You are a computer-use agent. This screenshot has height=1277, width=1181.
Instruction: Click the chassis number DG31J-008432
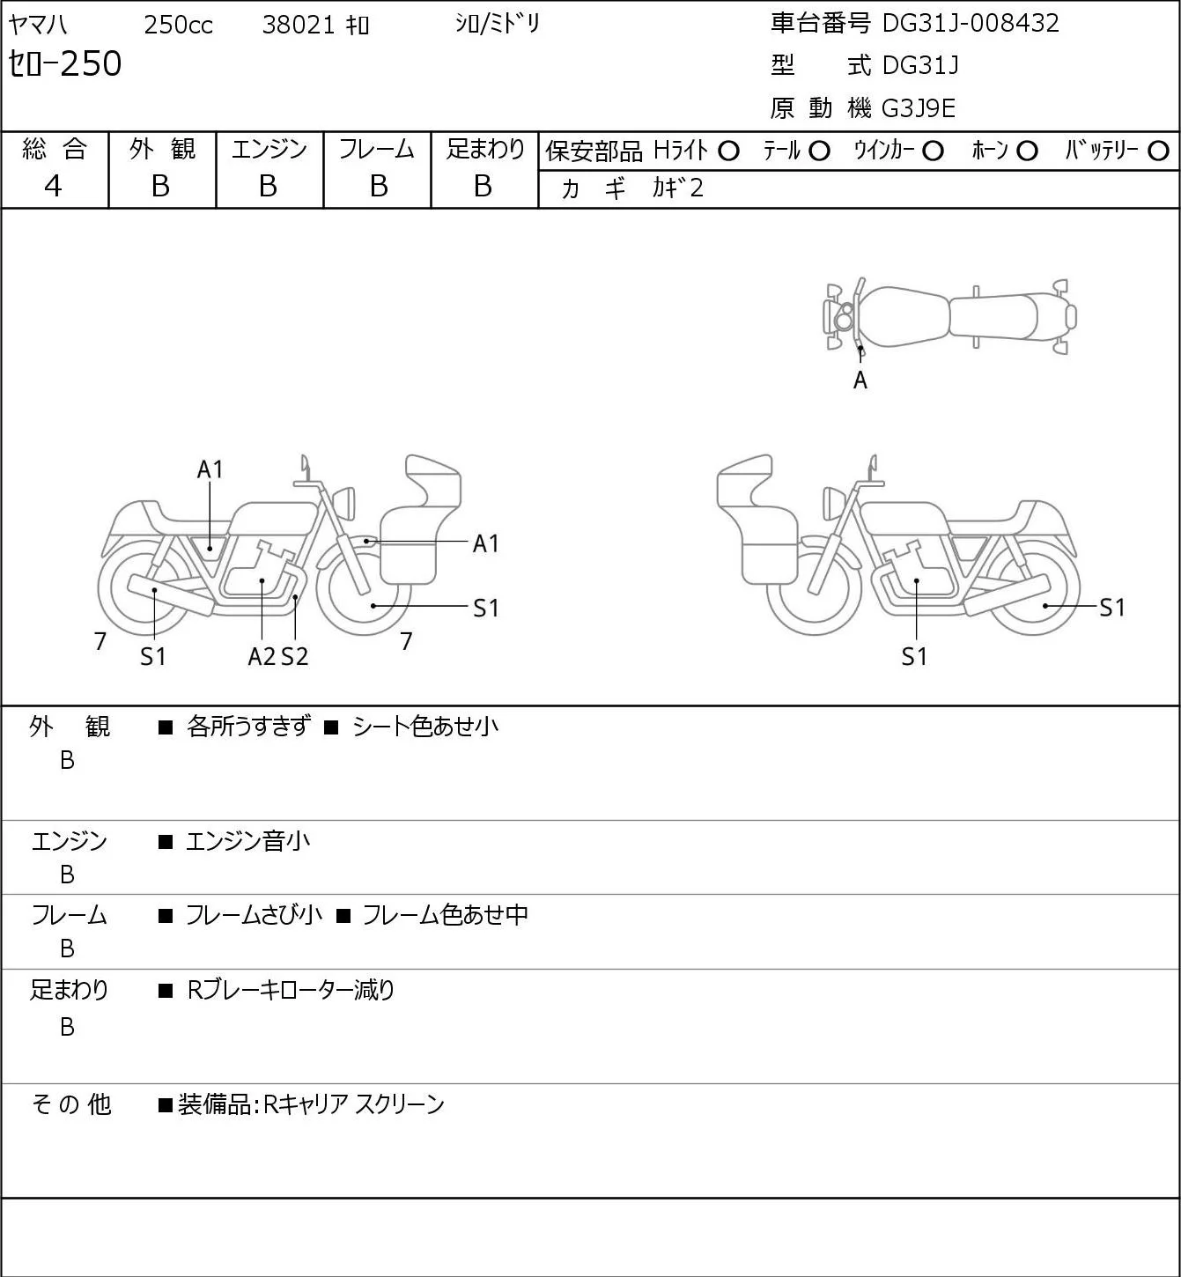[971, 23]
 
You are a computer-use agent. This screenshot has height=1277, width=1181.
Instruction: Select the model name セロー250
[65, 63]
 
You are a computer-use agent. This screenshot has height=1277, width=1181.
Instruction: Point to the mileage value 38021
[298, 25]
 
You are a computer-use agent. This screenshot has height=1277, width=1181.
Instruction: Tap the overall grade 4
[53, 186]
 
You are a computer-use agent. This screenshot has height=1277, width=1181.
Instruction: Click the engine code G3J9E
[919, 108]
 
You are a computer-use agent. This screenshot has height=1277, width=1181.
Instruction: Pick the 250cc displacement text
[178, 25]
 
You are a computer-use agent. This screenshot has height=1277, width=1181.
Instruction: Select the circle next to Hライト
[728, 151]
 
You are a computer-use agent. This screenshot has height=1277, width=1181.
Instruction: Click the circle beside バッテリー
[1159, 151]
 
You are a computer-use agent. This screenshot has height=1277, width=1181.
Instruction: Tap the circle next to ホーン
[1027, 151]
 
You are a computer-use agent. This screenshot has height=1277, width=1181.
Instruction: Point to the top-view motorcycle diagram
[949, 316]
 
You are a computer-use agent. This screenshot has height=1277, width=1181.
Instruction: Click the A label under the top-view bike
[860, 380]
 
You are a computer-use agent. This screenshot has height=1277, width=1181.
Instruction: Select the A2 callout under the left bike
[262, 657]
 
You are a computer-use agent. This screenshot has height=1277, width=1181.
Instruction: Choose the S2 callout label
[295, 657]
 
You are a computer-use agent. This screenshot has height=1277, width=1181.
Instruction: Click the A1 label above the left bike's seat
[210, 469]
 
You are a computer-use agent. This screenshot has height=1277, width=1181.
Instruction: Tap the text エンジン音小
[247, 842]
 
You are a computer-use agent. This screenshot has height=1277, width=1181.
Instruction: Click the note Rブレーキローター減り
[291, 990]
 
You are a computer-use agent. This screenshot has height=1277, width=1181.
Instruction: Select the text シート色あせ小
[425, 727]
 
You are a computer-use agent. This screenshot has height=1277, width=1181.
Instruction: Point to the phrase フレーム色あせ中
[445, 916]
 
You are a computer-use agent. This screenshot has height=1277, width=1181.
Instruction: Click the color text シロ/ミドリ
[497, 24]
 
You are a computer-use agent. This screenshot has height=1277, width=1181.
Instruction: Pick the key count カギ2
[677, 188]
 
